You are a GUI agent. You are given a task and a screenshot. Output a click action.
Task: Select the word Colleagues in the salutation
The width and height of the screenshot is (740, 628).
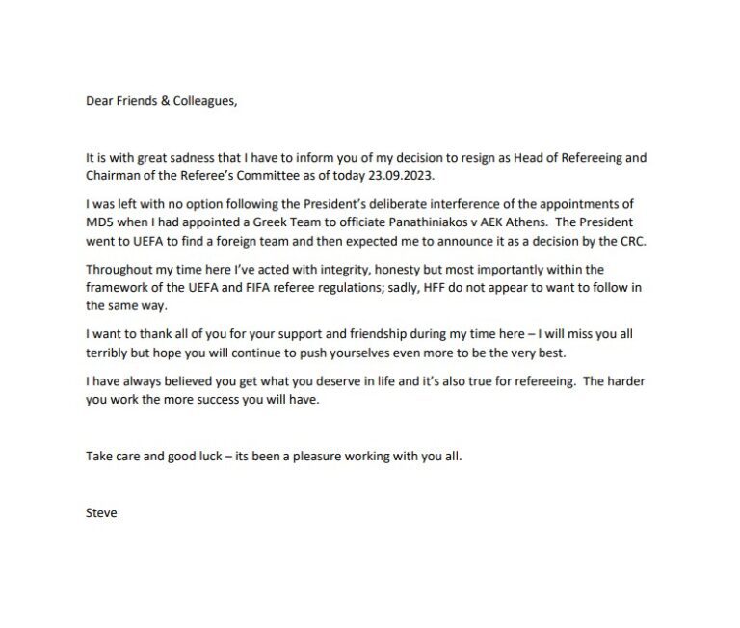pyautogui.click(x=202, y=100)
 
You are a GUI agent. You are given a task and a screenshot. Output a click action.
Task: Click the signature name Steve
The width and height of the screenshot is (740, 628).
pyautogui.click(x=101, y=512)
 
